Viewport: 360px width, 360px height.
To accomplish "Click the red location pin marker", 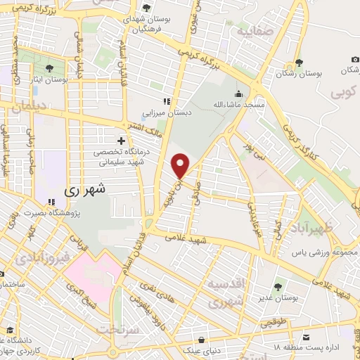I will pyautogui.click(x=181, y=165).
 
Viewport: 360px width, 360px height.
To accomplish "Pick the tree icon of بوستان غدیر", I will pyautogui.click(x=278, y=287).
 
